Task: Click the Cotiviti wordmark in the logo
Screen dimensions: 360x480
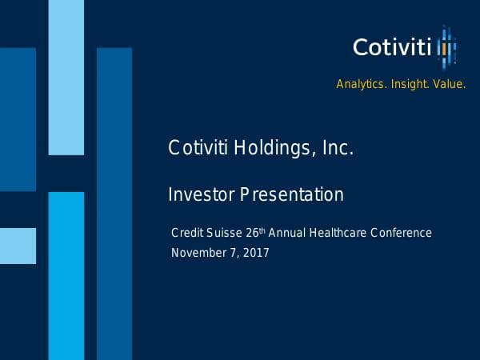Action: [x=392, y=47]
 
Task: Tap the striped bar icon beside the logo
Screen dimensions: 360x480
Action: [x=446, y=47]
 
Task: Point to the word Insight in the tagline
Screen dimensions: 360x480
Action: [x=408, y=84]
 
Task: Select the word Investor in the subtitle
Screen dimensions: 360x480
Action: [x=201, y=194]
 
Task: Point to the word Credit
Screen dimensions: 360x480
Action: [x=188, y=233]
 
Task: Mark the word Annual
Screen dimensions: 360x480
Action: [x=286, y=233]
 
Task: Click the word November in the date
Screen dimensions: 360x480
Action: [x=201, y=253]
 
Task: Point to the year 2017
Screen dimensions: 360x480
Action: [x=255, y=253]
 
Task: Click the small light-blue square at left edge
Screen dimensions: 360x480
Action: [x=18, y=246]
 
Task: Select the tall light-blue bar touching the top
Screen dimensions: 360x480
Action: [x=66, y=77]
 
